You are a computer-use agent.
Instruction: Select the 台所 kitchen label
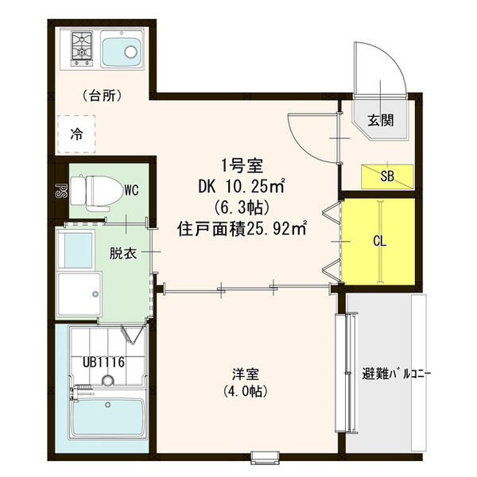[x=102, y=96]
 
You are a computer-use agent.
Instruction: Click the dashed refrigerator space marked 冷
[x=76, y=133]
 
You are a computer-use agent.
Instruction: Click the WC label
[x=131, y=191]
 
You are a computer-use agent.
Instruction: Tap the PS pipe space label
[x=59, y=191]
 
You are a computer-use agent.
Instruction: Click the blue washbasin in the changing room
[x=77, y=252]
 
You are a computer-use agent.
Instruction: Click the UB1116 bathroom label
[x=104, y=363]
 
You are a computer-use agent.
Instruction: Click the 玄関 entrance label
[x=378, y=121]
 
